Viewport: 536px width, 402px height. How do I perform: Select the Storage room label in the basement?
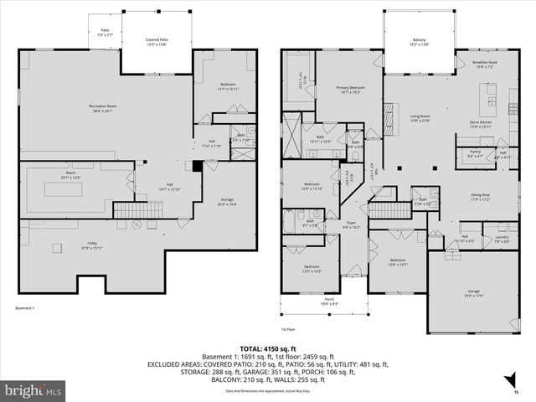point(228,202)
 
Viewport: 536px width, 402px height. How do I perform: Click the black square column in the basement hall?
point(197,166)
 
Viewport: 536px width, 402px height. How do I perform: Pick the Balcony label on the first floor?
point(419,41)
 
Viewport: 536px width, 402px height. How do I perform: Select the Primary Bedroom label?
point(351,90)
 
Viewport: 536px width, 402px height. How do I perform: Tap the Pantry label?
point(473,154)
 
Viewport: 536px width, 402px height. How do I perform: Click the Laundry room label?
point(501,239)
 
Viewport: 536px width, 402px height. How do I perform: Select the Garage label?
point(474,293)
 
